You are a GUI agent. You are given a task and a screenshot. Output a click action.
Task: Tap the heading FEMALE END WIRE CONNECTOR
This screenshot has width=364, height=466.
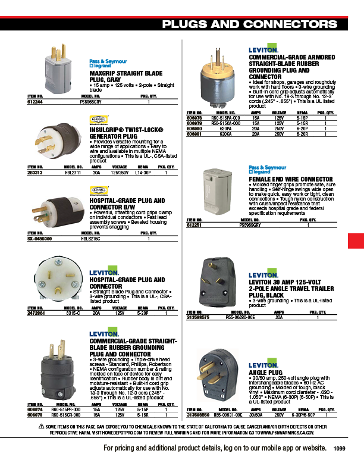pyautogui.click(x=290, y=179)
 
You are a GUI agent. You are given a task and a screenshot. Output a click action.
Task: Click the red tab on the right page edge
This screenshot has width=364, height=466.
pyautogui.click(x=356, y=242)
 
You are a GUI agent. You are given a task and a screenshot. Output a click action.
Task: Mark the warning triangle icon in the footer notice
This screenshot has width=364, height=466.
pyautogui.click(x=41, y=427)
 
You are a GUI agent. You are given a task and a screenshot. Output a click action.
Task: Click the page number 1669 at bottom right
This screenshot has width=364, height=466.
pyautogui.click(x=340, y=448)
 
